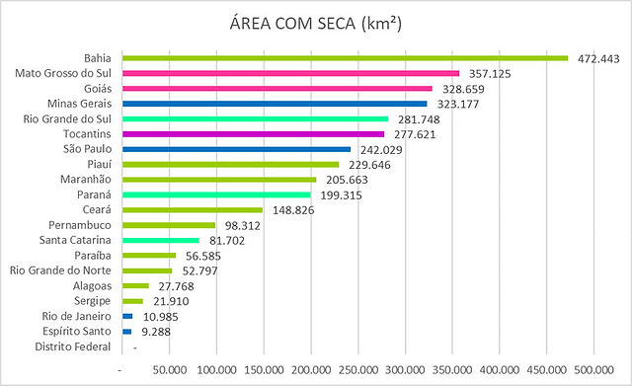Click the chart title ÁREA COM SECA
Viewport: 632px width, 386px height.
coord(316,23)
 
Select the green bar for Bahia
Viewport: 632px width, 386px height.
coord(345,58)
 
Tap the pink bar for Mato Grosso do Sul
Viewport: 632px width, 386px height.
coord(290,73)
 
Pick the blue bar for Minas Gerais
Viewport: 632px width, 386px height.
coord(275,104)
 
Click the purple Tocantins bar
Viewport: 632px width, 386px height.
coord(253,134)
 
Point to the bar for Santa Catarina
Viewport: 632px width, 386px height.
coord(161,241)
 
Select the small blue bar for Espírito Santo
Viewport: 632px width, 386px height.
coord(127,332)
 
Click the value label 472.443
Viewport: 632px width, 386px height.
coord(598,59)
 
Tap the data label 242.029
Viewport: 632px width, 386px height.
coord(381,150)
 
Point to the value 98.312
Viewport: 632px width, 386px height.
coord(243,226)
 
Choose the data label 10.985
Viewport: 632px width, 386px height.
coord(160,317)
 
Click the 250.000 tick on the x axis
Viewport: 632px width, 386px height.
coord(358,369)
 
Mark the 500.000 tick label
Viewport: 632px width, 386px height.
coord(594,369)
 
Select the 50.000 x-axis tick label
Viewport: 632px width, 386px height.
coord(170,369)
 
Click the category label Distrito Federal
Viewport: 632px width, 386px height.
coord(72,347)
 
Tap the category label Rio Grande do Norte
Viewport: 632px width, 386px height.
coord(60,270)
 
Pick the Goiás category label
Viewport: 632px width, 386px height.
coord(98,88)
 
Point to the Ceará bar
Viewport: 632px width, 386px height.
coord(193,210)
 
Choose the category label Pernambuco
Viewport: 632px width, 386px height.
coord(80,225)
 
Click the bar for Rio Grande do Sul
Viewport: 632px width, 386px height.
coord(255,118)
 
